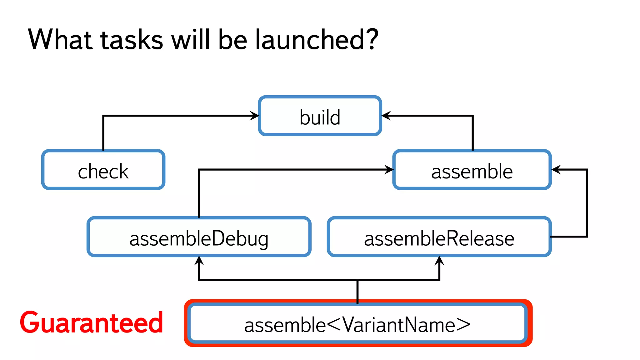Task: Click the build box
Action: click(320, 116)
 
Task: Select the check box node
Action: click(103, 170)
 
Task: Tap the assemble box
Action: click(472, 170)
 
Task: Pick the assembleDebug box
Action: click(199, 237)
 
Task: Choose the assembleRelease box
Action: click(439, 237)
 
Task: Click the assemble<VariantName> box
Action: click(357, 324)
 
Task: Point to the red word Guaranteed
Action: click(91, 322)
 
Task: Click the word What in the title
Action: click(61, 39)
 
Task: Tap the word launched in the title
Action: click(309, 39)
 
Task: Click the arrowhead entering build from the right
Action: click(386, 116)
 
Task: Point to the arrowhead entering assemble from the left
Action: click(389, 170)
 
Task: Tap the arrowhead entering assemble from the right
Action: click(556, 170)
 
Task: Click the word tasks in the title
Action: click(132, 39)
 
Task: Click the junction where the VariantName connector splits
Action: click(357, 280)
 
